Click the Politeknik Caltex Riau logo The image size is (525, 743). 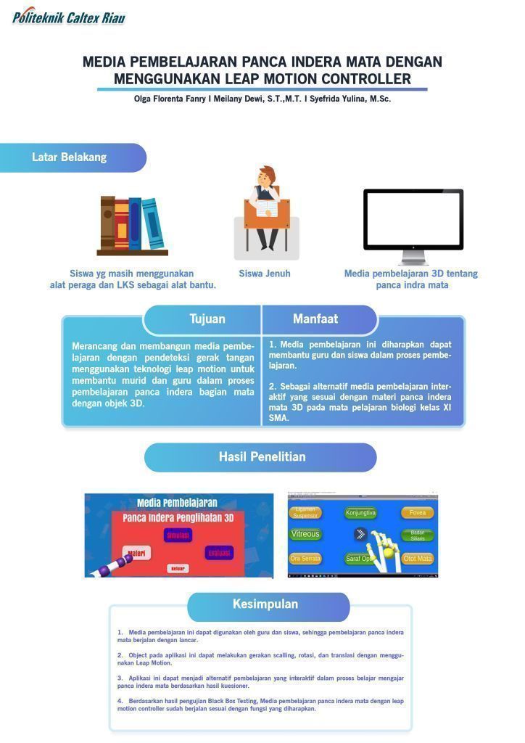pyautogui.click(x=68, y=15)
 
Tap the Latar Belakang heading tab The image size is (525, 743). pyautogui.click(x=70, y=157)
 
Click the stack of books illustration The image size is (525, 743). pyautogui.click(x=133, y=226)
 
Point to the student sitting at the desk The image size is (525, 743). pyautogui.click(x=266, y=210)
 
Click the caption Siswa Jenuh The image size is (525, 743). pyautogui.click(x=265, y=274)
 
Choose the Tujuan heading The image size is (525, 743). pyautogui.click(x=207, y=319)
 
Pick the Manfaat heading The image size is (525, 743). pyautogui.click(x=315, y=319)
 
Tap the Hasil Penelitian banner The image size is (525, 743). pyautogui.click(x=262, y=457)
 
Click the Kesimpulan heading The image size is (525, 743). pyautogui.click(x=265, y=604)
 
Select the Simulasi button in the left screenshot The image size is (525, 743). pyautogui.click(x=178, y=535)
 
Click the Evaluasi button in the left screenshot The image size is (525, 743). pyautogui.click(x=220, y=553)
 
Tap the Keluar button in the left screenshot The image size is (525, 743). pyautogui.click(x=178, y=568)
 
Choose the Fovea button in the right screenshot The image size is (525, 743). pyautogui.click(x=418, y=513)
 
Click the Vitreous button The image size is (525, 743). pyautogui.click(x=305, y=535)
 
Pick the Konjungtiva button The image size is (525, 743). pyautogui.click(x=360, y=513)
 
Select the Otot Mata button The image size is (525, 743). pyautogui.click(x=418, y=559)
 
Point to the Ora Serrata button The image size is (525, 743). pyautogui.click(x=305, y=559)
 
